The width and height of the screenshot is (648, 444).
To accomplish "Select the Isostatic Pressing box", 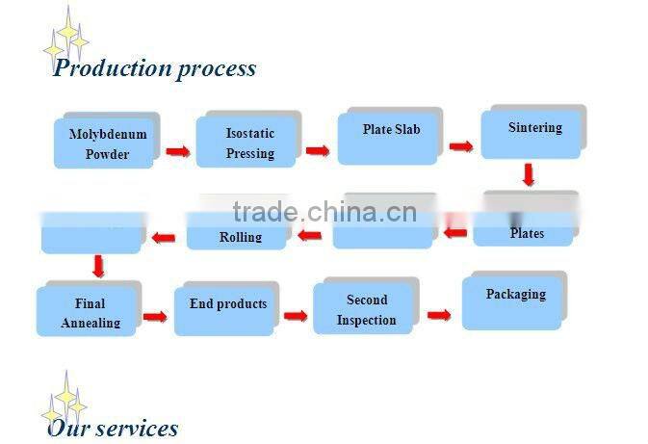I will coord(248,143).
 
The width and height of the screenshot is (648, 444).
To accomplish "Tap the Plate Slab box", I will coord(390,135).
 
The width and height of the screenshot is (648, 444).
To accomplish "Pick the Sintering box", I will coord(533,132).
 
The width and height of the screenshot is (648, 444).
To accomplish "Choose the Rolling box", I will coord(238,233).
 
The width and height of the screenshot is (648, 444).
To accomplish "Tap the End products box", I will coord(226,308).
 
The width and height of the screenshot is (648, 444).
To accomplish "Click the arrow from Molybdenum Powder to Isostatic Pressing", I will coord(176,151).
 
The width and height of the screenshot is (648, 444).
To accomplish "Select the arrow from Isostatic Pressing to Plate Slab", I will coord(318,150).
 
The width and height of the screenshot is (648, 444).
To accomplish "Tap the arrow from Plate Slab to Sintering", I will coord(460,146).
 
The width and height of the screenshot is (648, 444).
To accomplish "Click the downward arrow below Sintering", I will coord(528,174).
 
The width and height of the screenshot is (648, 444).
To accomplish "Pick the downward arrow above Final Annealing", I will coord(97,266).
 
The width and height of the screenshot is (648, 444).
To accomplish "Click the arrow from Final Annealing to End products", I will coord(155,316).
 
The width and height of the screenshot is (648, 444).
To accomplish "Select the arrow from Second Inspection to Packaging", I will coord(439,314).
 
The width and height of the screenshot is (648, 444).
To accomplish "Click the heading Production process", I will coord(154,68).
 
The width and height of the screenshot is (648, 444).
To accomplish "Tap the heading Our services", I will coord(113,428).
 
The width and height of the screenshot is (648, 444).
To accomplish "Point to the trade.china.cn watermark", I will coord(324,212).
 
